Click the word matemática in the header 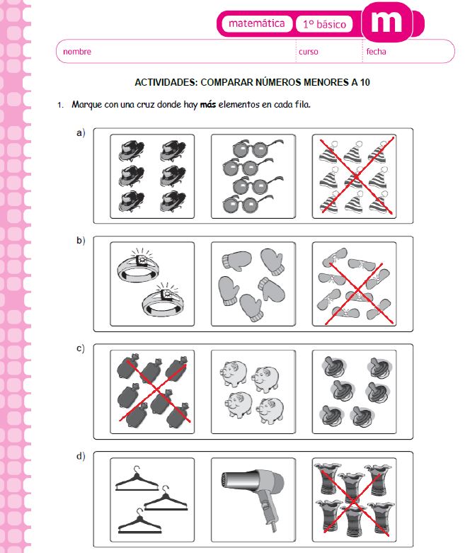[257, 23]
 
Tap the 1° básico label [324, 24]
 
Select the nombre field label [77, 52]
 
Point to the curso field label [308, 52]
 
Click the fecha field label [376, 52]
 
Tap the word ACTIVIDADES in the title [166, 82]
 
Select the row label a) [81, 132]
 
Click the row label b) [81, 241]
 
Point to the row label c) [81, 348]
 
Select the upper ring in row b [139, 266]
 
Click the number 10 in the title [364, 82]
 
